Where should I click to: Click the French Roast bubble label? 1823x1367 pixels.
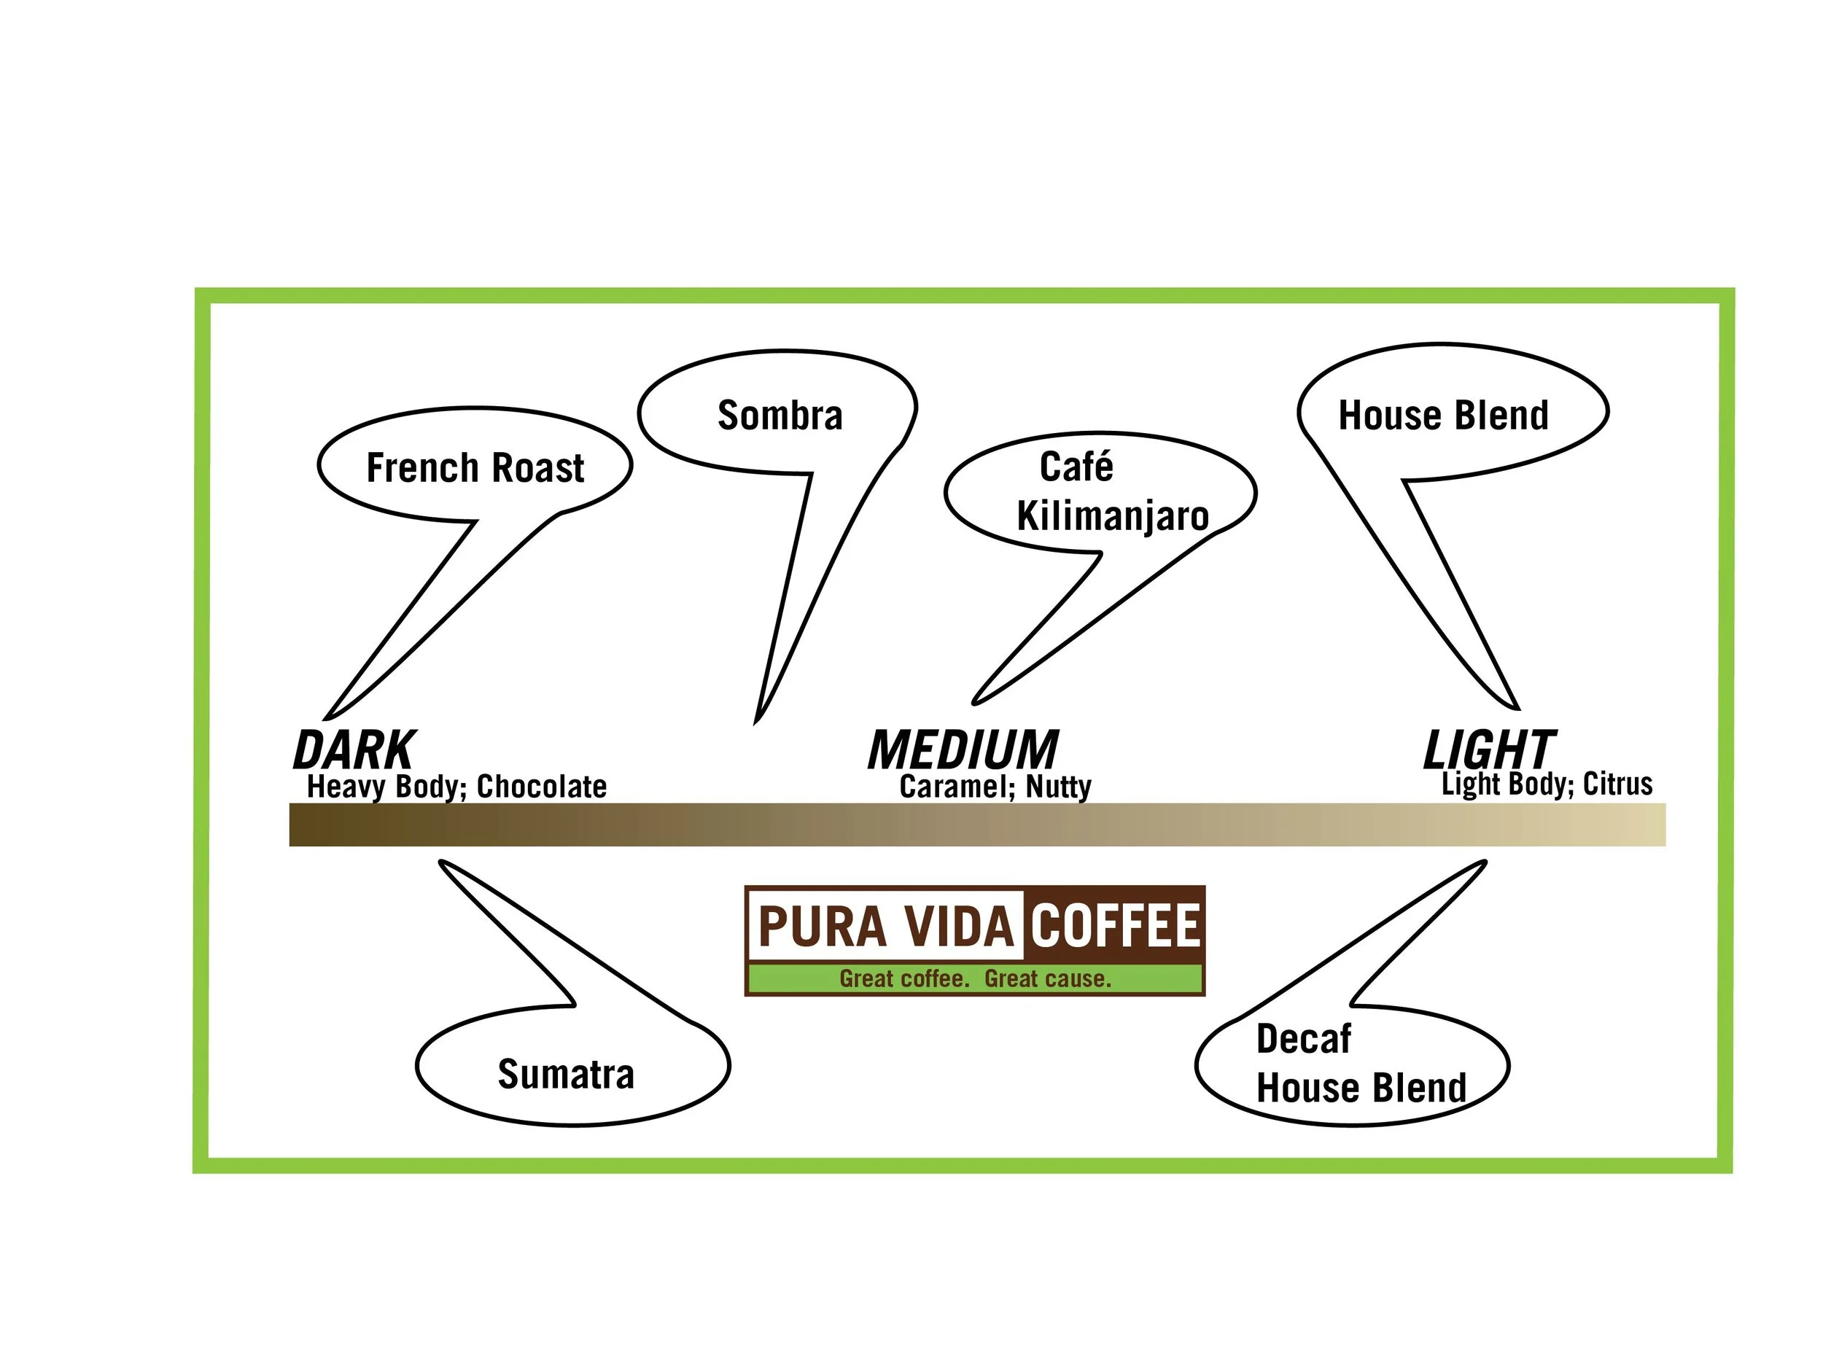(x=475, y=468)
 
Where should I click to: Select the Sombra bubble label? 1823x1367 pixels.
(x=780, y=416)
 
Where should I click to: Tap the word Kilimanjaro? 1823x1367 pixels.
(x=1113, y=516)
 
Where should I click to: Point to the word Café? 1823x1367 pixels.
(x=1076, y=467)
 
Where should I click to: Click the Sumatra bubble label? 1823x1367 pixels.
(x=565, y=1075)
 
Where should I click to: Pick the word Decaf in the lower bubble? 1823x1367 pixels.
(x=1303, y=1039)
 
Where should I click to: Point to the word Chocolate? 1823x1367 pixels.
(x=542, y=787)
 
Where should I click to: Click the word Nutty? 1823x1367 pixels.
(x=1058, y=787)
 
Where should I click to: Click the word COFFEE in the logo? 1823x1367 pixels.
(x=1115, y=925)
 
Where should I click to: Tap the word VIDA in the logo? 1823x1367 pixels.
(x=960, y=927)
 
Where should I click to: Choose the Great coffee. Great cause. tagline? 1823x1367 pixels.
(x=975, y=979)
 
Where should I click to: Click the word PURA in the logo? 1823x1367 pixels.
(x=823, y=927)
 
